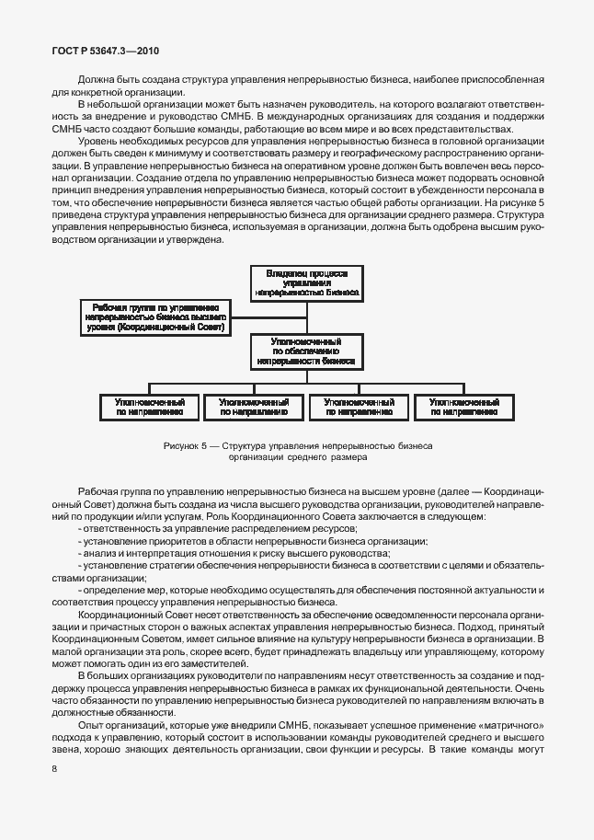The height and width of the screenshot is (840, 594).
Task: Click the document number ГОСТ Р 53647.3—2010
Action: click(x=107, y=52)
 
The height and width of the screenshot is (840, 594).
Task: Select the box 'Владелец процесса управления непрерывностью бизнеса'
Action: click(x=307, y=282)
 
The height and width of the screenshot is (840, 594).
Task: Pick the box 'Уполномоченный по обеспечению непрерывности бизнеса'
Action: click(x=307, y=351)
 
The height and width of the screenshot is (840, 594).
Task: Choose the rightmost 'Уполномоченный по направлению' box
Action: click(x=463, y=408)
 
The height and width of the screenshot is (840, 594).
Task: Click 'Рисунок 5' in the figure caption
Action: click(x=185, y=445)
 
